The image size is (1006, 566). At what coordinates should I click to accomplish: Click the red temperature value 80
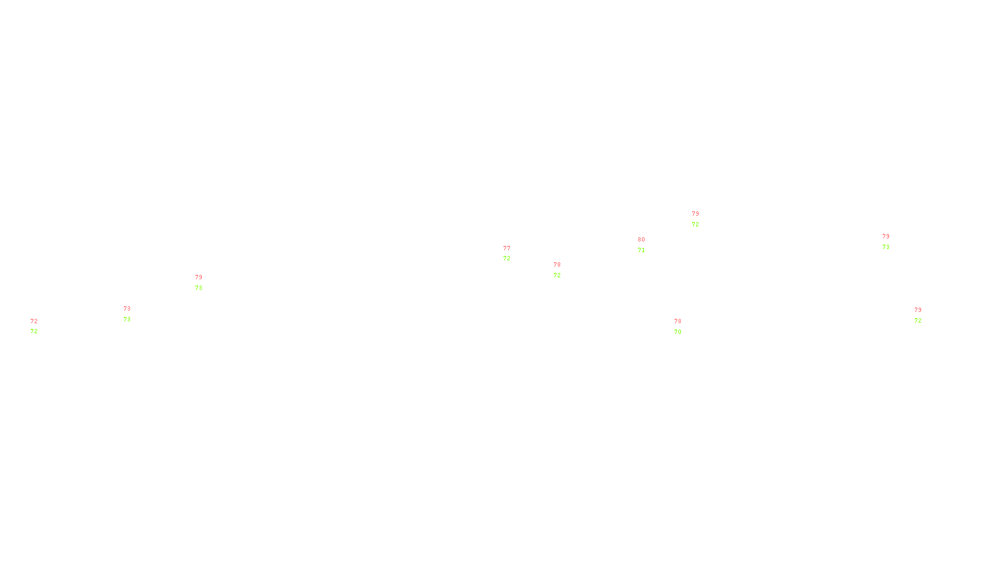[x=641, y=240]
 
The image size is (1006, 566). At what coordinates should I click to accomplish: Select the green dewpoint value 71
[x=641, y=250]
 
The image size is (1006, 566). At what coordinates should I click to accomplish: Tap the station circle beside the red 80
[x=648, y=245]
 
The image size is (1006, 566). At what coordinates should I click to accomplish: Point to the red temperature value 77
[x=507, y=248]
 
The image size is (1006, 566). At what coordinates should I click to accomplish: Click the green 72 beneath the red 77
[x=507, y=258]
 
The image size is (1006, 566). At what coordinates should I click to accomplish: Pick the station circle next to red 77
[x=513, y=253]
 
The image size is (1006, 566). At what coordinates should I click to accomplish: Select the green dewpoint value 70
[x=678, y=332]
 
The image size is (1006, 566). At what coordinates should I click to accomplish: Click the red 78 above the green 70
[x=678, y=321]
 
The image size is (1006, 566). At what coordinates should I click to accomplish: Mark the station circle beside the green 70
[x=683, y=326]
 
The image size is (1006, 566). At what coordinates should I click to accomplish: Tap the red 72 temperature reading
[x=34, y=321]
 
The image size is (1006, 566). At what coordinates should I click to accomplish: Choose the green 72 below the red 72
[x=34, y=331]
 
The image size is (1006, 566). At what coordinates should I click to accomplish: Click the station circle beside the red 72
[x=40, y=326]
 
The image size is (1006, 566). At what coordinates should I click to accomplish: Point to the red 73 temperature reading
[x=127, y=309]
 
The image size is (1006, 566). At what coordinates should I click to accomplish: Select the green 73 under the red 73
[x=127, y=319]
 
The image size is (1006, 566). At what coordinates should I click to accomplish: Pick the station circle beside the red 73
[x=133, y=314]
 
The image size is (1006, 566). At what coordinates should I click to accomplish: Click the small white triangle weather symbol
[x=695, y=220]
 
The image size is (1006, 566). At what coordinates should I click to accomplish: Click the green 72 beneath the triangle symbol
[x=695, y=225]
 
